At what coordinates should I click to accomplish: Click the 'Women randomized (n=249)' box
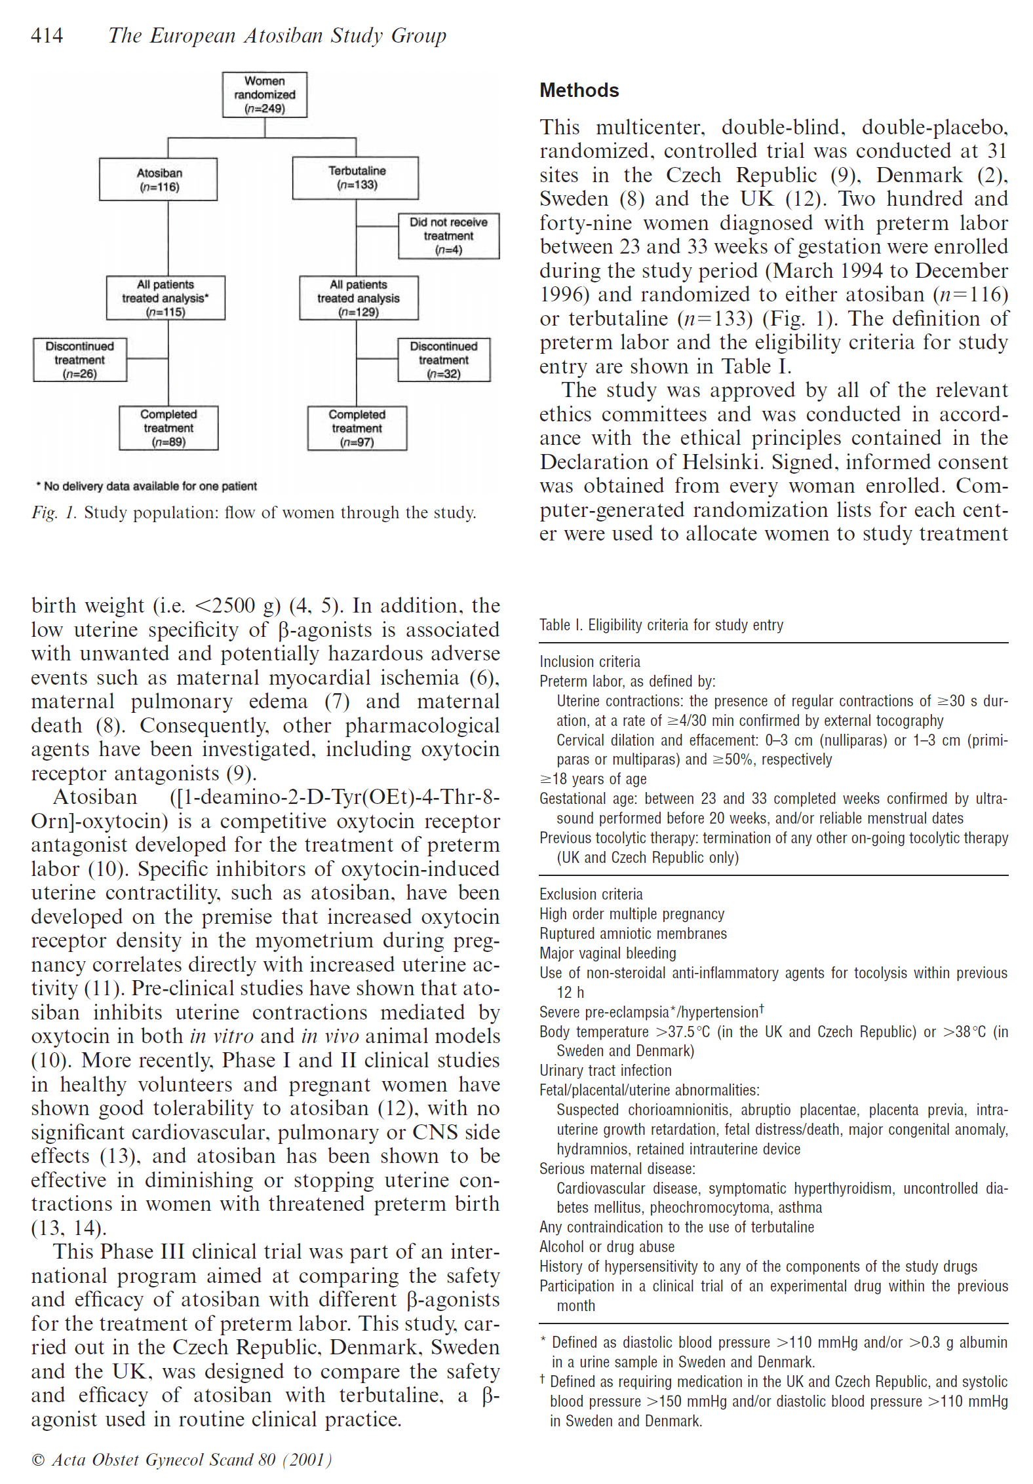click(x=265, y=95)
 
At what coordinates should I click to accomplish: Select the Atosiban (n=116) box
click(x=159, y=180)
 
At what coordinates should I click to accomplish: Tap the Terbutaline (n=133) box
click(x=356, y=178)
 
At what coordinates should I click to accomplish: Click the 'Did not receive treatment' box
click(x=449, y=236)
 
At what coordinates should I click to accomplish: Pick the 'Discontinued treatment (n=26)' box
click(x=80, y=360)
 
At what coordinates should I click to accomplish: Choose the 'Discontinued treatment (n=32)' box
click(x=444, y=360)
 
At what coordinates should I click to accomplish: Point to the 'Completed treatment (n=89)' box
click(x=168, y=428)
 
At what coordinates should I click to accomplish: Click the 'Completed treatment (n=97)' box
click(x=357, y=428)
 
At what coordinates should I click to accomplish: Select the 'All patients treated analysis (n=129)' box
click(x=359, y=298)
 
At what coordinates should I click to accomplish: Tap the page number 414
click(x=47, y=35)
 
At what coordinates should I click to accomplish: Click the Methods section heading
click(x=579, y=90)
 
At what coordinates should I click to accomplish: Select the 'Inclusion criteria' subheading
click(x=590, y=662)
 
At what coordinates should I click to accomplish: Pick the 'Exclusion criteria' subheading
click(x=591, y=894)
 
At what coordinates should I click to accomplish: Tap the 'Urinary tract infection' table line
click(x=606, y=1071)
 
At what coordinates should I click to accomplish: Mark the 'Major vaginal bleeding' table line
click(x=608, y=953)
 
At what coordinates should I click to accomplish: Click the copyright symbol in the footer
click(x=38, y=1460)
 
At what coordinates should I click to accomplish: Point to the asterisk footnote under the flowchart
click(x=147, y=486)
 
